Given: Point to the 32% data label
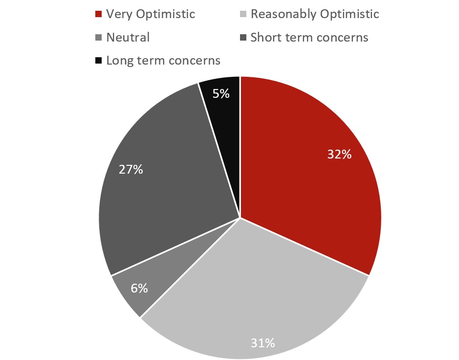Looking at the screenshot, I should pos(339,155).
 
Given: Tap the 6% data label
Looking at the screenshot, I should pos(139,288).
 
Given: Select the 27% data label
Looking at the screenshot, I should pos(131,170).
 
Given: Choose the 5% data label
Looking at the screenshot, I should pos(221,93).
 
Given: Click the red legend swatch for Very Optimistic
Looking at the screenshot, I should pos(98,14).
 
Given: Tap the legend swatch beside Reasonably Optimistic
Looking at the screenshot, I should pos(243,14).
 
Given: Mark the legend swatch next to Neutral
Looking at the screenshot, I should pos(98,38).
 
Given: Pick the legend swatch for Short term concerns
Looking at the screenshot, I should pos(243,38).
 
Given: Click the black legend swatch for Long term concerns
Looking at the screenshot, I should pos(98,61).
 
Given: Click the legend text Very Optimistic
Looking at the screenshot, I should pos(150,14).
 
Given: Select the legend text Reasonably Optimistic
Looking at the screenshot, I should pos(314,14).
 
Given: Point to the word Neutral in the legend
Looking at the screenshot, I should pos(128,38).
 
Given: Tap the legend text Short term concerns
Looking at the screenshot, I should pos(309,38).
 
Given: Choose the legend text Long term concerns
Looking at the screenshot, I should pos(163,61).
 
